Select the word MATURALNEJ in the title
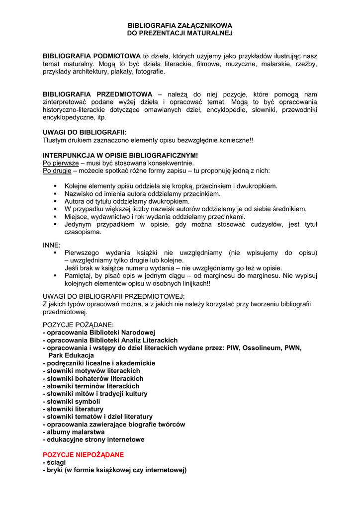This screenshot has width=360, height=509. point(208,33)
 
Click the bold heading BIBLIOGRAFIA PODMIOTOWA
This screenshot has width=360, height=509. point(92,56)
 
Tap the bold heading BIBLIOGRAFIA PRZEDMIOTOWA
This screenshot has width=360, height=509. point(97,94)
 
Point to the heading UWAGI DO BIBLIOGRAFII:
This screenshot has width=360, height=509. point(85,132)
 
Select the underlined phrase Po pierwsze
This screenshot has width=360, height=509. point(61,163)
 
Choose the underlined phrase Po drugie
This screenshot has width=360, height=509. point(57,170)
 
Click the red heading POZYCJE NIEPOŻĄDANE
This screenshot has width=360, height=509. point(84,454)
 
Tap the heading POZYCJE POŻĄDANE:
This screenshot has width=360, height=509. point(79,325)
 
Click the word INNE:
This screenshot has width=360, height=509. point(52,245)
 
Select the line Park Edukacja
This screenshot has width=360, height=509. point(71,355)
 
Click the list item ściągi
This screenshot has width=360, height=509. point(56,462)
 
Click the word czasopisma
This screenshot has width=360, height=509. point(83,232)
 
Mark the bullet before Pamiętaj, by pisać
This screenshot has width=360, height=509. point(56,275)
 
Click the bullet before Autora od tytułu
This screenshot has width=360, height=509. point(56,202)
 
